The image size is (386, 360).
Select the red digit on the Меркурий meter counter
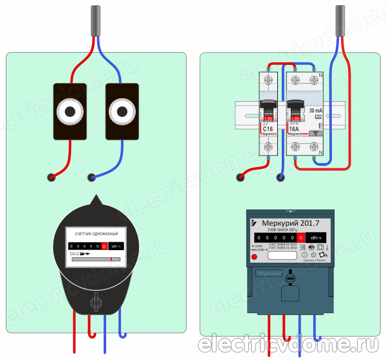(300, 238)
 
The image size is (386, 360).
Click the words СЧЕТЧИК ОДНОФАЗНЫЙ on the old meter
(96, 232)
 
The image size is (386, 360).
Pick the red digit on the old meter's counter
(104, 246)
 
